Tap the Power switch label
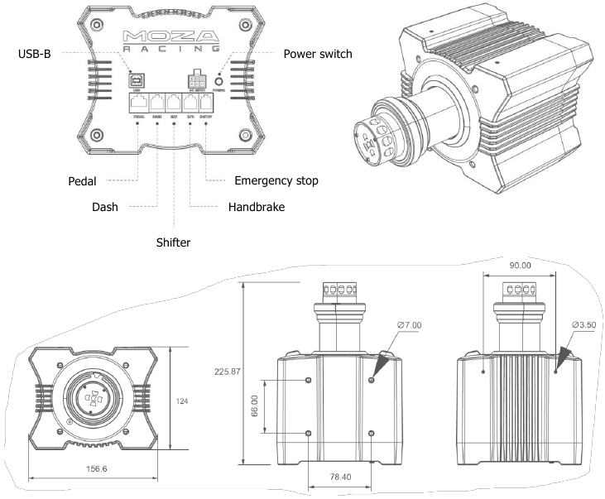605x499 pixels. pos(317,54)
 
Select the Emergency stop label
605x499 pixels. pos(276,180)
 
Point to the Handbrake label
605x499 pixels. pos(257,208)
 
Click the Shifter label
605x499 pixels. pos(174,242)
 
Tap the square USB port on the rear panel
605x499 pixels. pos(135,81)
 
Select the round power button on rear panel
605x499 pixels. pos(219,83)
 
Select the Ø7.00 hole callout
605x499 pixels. pos(409,325)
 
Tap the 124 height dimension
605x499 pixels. pos(183,400)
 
